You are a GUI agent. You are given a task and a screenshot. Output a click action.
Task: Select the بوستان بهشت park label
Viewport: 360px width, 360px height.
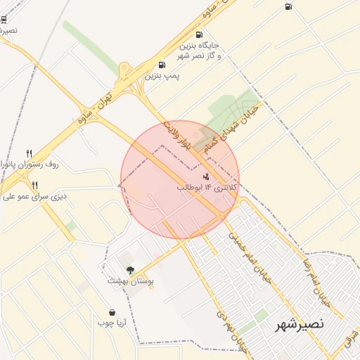click(x=130, y=281)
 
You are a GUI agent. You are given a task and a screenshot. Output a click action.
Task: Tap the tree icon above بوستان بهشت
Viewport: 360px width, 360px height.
click(x=129, y=269)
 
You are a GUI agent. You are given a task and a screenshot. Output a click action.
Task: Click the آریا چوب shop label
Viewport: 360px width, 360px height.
click(x=111, y=323)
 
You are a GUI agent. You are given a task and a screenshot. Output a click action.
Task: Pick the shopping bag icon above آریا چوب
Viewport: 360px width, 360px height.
click(x=112, y=312)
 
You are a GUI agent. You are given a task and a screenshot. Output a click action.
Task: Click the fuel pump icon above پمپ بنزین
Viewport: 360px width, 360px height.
click(x=163, y=65)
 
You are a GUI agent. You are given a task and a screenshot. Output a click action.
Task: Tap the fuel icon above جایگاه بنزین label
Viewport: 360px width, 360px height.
click(x=200, y=34)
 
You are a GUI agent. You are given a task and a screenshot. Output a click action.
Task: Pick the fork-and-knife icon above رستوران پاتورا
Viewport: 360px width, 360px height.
click(x=29, y=153)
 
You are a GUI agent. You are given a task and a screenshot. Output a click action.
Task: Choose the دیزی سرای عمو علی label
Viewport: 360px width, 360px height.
click(x=32, y=196)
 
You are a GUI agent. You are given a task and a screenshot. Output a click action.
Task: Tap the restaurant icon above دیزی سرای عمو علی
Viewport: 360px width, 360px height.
click(x=34, y=185)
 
